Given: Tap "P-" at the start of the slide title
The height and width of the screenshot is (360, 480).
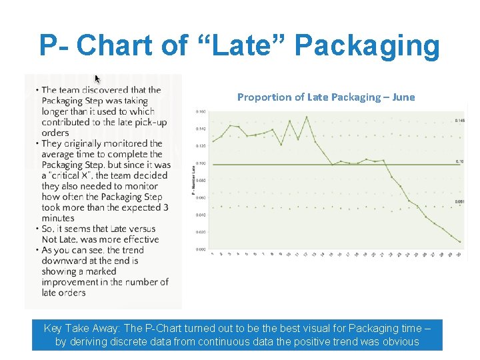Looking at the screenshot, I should point(54,46).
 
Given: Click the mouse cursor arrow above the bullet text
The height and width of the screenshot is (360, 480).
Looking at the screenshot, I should point(97,79).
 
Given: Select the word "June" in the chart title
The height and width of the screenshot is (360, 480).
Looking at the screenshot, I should point(403,97).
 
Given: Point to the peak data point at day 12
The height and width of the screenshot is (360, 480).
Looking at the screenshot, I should point(306,117).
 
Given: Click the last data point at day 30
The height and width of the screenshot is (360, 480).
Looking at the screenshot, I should point(460,241).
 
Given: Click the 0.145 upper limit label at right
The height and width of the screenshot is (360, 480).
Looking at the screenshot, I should point(459,120).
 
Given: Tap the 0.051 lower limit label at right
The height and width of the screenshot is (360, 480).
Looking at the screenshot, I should point(459,201).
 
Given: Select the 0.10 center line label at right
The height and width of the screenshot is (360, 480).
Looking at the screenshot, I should point(459,162).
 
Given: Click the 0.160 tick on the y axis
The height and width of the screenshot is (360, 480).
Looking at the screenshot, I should point(201,111).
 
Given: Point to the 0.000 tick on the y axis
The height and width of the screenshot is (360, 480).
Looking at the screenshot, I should point(201,249).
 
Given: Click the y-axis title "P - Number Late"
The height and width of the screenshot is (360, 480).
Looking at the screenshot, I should point(193,181).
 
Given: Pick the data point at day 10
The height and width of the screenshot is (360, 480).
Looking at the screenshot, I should point(289,121).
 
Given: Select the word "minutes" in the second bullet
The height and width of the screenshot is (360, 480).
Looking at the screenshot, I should point(58,218).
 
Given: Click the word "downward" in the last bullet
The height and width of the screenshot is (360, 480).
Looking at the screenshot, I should point(63,261).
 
